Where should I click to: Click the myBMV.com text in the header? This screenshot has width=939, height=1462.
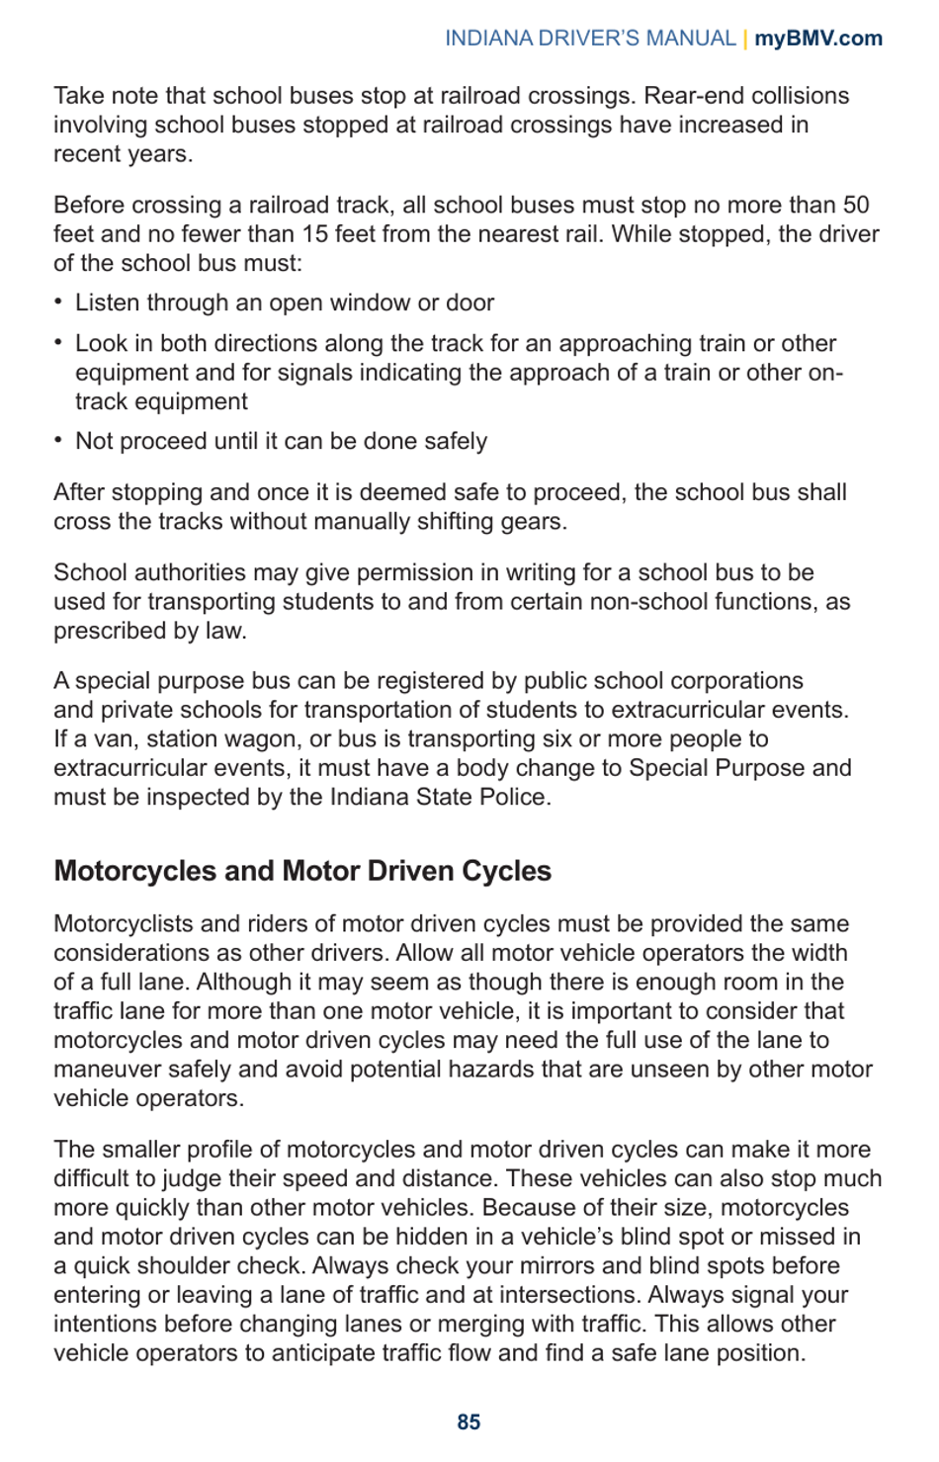pos(818,39)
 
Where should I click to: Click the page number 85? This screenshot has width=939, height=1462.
pos(469,1421)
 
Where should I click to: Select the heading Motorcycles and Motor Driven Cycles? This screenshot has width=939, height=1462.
pos(302,871)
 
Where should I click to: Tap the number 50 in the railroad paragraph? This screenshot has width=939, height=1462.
pos(856,206)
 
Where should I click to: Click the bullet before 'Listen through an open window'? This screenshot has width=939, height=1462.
pos(59,301)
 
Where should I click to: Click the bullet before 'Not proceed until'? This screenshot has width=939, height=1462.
pos(59,440)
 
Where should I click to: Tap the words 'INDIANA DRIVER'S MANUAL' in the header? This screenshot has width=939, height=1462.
pos(590,39)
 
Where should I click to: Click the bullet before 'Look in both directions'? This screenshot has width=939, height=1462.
pos(59,342)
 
